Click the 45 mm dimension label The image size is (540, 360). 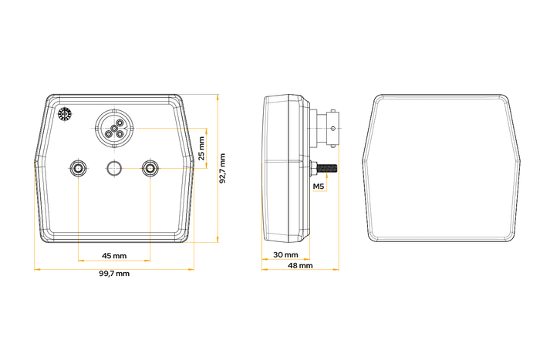tap(114, 256)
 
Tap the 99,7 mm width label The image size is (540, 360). tap(114, 274)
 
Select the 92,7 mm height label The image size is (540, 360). tap(222, 168)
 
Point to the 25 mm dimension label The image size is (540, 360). tap(201, 148)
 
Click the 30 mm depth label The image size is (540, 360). tap(285, 254)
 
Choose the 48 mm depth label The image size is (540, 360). tap(300, 265)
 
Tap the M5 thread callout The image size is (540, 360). tap(319, 187)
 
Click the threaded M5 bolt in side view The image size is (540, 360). tap(327, 169)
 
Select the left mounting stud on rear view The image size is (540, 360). tap(78, 168)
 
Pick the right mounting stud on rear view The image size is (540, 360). tap(150, 168)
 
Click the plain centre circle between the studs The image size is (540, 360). tap(114, 168)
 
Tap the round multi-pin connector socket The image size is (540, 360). tap(114, 129)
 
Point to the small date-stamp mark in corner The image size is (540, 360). tap(64, 115)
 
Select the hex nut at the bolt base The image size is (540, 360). tap(313, 169)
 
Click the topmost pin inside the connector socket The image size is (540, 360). tap(120, 123)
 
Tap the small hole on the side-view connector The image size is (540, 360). tap(332, 129)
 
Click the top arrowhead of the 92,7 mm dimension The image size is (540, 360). tap(218, 97)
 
